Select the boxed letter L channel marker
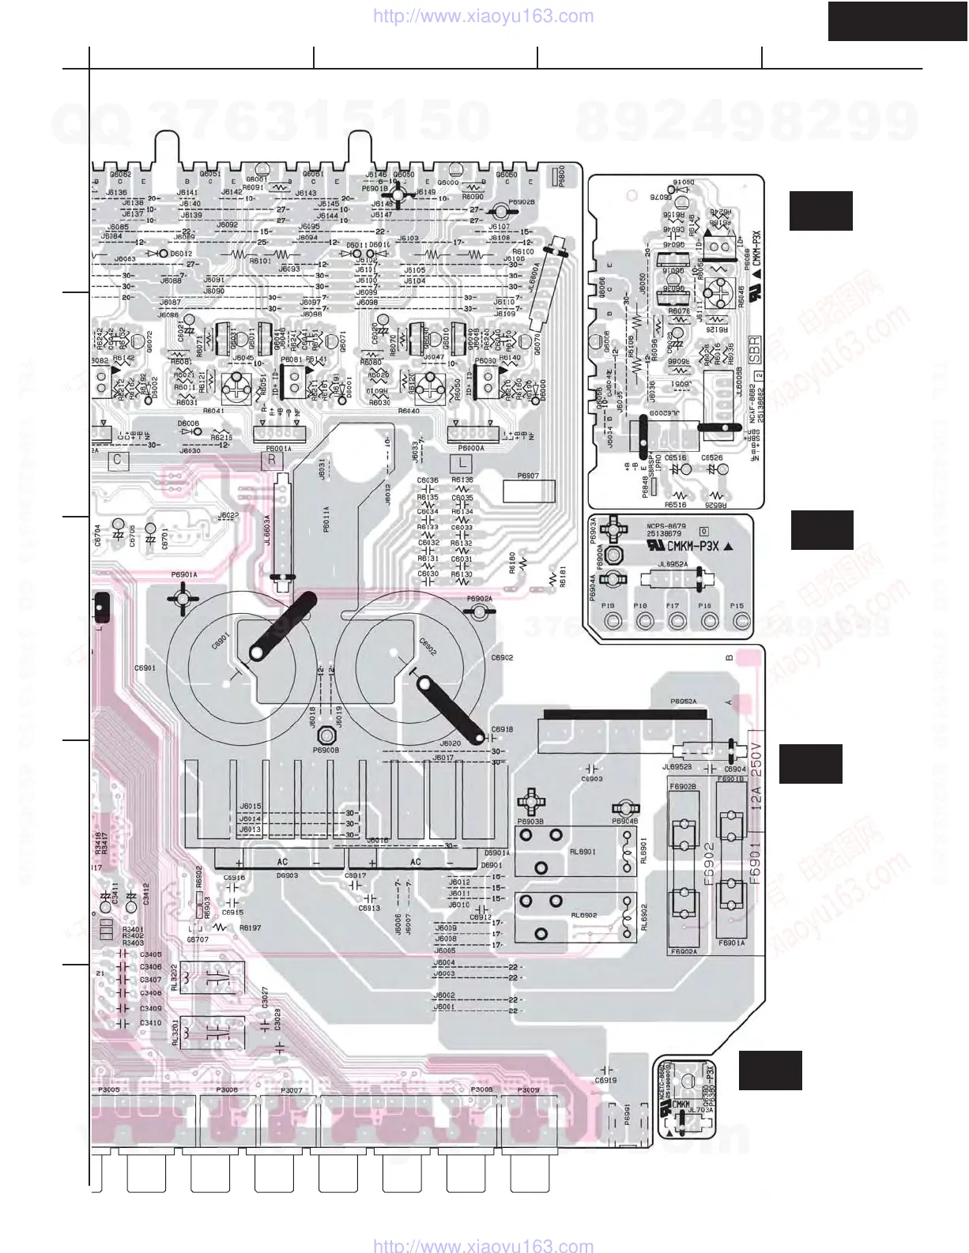(459, 463)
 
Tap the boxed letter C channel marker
(117, 459)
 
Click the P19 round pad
(610, 621)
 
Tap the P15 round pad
(740, 621)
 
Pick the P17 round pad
(675, 621)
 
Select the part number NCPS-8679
(666, 526)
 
